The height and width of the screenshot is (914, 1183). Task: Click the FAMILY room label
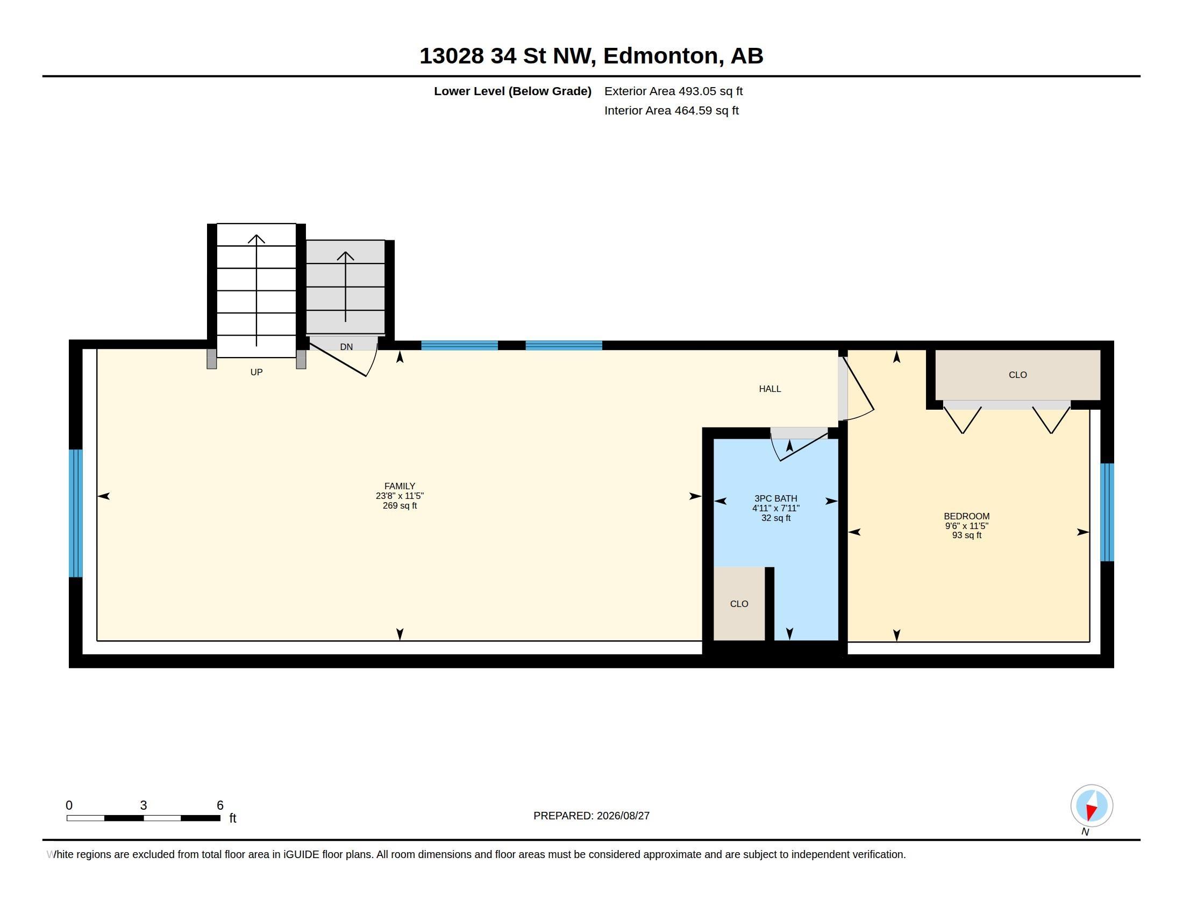(399, 486)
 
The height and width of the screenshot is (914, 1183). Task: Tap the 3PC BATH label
(775, 499)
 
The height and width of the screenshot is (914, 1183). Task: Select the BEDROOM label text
(966, 517)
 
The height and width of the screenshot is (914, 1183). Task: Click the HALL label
(769, 389)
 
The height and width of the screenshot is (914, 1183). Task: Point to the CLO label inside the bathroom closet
(739, 604)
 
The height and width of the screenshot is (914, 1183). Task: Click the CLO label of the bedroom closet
(1018, 375)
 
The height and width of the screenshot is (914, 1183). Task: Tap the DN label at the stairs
(346, 347)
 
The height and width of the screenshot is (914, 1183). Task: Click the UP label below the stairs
(256, 372)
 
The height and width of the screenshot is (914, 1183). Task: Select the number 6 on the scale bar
(220, 805)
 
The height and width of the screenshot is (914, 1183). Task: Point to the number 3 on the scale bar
(144, 805)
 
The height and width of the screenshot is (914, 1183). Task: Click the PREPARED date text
(591, 816)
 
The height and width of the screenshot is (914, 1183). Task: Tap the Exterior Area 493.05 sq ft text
(673, 91)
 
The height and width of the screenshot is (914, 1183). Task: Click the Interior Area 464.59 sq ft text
(671, 110)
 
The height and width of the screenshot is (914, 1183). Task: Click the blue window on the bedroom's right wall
(1107, 512)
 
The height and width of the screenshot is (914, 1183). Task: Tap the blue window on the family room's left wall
(76, 513)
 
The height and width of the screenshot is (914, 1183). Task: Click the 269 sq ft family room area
(400, 506)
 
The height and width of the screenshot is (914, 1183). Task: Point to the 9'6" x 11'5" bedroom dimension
(966, 526)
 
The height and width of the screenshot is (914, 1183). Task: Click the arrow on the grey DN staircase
(345, 287)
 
